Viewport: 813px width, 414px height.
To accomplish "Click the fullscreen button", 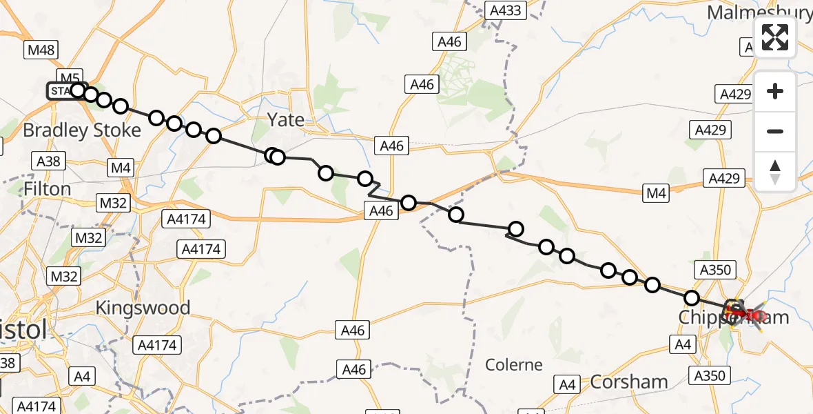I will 775,37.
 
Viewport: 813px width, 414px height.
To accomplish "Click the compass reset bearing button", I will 775,172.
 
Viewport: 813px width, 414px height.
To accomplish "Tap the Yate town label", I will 286,119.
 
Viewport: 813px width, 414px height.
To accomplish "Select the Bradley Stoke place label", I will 82,130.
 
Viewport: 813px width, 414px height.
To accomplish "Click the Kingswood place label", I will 143,307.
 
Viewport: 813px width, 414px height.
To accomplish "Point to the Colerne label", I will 514,364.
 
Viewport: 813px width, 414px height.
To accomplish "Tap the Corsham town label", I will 629,382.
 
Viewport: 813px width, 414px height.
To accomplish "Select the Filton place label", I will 47,188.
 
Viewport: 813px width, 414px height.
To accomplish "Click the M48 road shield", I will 41,50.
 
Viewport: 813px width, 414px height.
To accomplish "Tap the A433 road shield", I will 506,10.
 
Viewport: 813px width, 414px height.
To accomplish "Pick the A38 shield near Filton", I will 48,162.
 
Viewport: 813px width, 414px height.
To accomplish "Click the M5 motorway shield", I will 70,77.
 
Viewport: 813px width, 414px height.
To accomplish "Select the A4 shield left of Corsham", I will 568,384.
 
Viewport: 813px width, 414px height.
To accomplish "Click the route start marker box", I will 60,91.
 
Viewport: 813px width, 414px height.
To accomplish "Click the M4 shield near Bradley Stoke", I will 121,168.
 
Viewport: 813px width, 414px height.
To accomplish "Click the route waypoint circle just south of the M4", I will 456,215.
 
